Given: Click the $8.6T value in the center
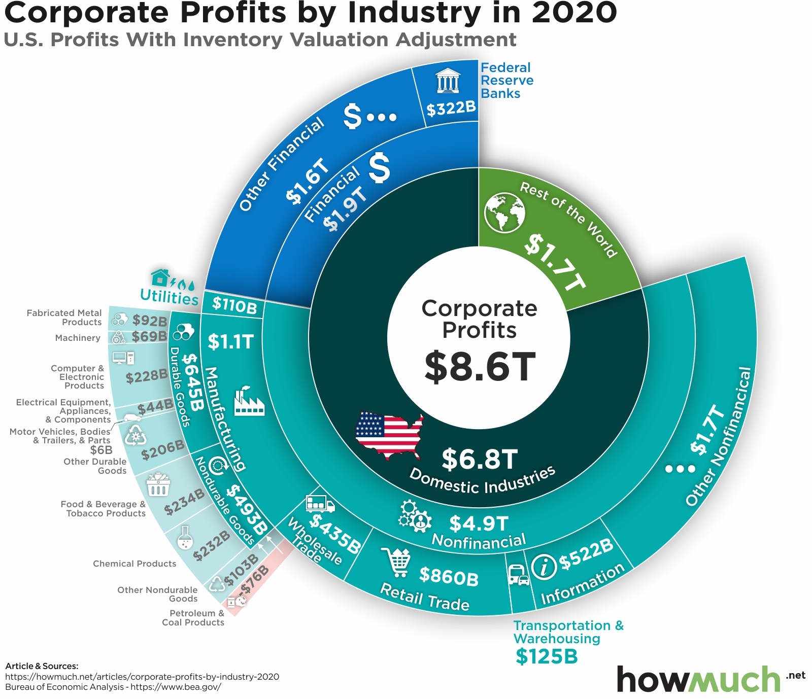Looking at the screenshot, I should (480, 366).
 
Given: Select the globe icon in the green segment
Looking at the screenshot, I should (504, 213).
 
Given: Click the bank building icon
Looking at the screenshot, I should (447, 81).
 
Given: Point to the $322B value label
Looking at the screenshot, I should (451, 108).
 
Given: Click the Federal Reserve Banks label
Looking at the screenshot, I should (506, 81).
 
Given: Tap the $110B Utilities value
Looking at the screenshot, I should (234, 304).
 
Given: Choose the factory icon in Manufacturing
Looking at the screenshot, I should (249, 401).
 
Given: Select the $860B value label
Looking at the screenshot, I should (449, 576).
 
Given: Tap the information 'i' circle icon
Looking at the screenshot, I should (544, 566).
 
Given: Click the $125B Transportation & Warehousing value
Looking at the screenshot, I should (547, 656).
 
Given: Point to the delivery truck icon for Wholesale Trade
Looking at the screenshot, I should (320, 503).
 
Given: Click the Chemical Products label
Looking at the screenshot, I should (134, 564).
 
